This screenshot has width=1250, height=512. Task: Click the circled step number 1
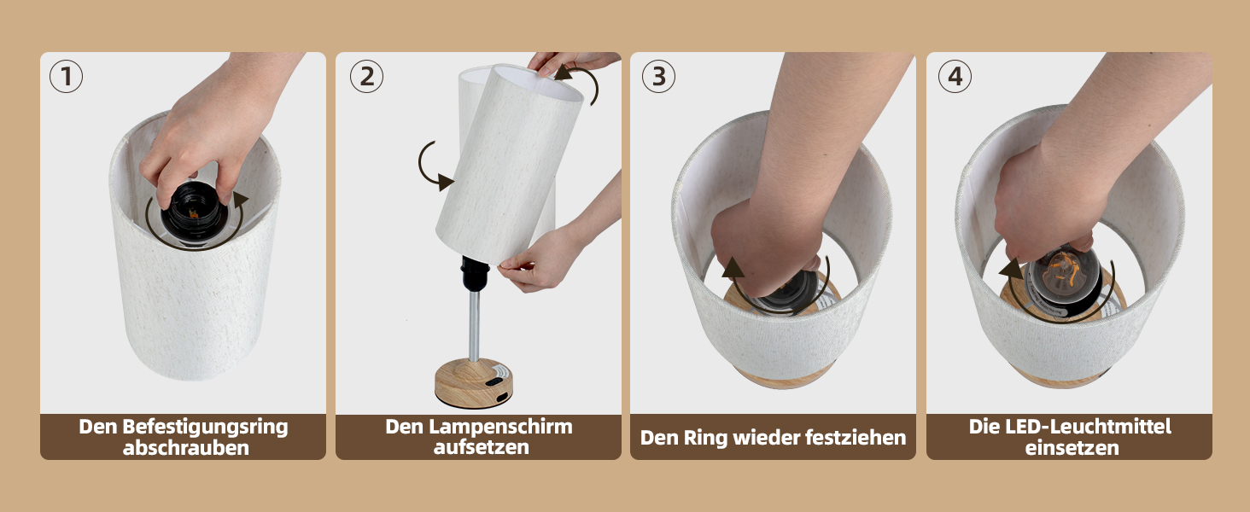click(66, 77)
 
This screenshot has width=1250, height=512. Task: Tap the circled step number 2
click(366, 77)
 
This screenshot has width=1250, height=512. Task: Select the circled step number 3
click(658, 77)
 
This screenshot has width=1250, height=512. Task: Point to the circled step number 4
click(955, 77)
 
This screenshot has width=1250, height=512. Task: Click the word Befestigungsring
click(205, 428)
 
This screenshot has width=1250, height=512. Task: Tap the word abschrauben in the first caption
click(186, 448)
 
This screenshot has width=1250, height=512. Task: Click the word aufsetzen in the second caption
click(481, 447)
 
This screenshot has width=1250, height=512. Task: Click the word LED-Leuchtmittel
click(1088, 427)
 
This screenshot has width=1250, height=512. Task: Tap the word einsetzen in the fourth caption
click(1072, 448)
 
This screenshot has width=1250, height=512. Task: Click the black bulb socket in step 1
click(192, 212)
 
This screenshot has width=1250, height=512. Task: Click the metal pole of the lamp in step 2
click(474, 324)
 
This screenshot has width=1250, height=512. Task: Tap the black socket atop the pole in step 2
click(475, 273)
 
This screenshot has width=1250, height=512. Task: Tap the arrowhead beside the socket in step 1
click(241, 200)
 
